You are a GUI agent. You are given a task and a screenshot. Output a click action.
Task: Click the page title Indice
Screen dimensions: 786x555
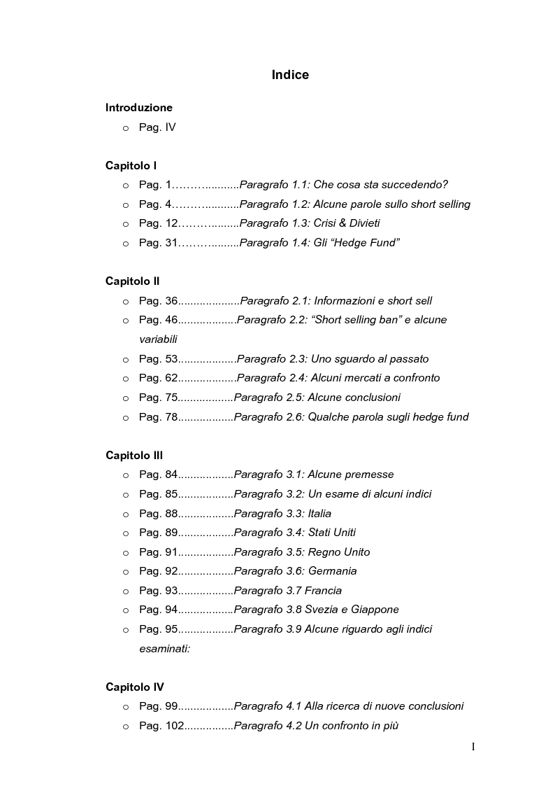[x=290, y=75]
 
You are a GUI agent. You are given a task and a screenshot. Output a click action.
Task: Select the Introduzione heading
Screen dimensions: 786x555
[x=138, y=108]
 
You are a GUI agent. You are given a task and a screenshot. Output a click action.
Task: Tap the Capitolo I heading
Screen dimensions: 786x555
[x=131, y=166]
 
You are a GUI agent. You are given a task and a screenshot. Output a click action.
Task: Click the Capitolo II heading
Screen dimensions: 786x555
[x=132, y=281]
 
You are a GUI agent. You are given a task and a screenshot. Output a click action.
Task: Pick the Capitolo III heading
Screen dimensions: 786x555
[x=134, y=456]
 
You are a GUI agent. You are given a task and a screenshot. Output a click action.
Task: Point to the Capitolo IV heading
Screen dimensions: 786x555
[x=135, y=687]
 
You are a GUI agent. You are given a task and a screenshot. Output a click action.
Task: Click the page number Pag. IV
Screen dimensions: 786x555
[x=157, y=127]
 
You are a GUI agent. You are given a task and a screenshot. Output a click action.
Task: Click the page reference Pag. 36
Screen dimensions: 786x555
[x=159, y=301]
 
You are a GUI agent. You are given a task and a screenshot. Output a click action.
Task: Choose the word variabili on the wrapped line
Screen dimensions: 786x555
[x=158, y=339]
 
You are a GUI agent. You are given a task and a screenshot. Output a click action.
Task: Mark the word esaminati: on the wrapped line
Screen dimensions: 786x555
[x=164, y=649]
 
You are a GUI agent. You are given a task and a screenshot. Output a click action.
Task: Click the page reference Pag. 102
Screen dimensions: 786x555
[x=161, y=726]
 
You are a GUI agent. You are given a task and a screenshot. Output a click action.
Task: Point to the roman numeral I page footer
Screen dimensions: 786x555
[x=473, y=747]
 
